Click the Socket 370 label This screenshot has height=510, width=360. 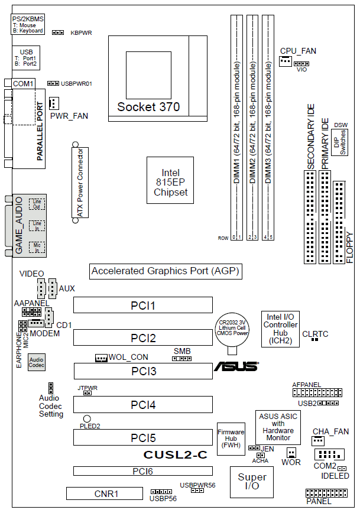148,107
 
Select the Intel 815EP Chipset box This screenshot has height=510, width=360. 170,180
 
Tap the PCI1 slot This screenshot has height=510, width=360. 142,306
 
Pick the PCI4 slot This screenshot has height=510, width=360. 142,405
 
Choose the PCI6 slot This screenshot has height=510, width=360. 142,471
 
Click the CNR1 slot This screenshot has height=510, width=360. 104,493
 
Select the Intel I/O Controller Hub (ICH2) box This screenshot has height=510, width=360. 280,329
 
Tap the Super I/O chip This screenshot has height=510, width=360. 252,481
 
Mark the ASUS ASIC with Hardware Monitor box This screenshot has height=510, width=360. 277,427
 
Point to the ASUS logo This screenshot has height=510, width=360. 236,366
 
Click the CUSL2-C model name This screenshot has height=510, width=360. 175,455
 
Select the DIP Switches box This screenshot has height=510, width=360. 340,142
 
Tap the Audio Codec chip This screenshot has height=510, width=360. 36,362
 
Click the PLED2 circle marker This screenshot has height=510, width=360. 87,418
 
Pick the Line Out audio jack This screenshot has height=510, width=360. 37,204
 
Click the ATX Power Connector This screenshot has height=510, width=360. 79,181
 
